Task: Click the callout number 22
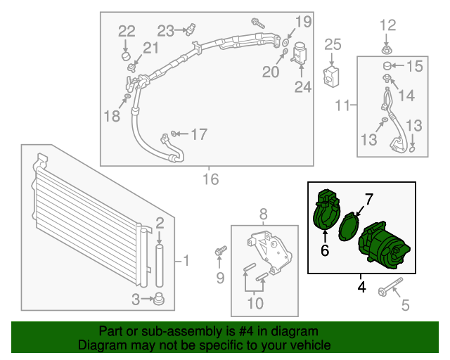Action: point(126,30)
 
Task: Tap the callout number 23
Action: point(166,30)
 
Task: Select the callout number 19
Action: point(302,21)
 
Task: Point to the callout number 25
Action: point(333,45)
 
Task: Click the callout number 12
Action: point(388,27)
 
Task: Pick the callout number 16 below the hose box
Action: point(211,179)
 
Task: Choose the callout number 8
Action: point(264,213)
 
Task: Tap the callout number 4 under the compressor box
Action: point(361,287)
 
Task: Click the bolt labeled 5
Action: point(390,289)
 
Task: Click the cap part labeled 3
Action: point(160,299)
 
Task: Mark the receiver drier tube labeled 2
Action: point(160,264)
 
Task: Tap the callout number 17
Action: point(199,134)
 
